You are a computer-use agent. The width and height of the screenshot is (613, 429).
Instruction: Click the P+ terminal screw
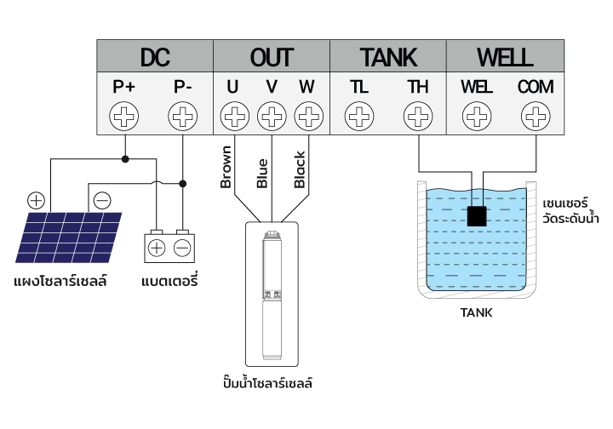[x=124, y=116]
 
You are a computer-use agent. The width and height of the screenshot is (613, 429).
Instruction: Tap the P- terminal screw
[x=182, y=116]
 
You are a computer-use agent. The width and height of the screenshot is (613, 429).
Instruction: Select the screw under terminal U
[x=235, y=116]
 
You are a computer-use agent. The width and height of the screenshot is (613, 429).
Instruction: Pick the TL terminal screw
[x=359, y=116]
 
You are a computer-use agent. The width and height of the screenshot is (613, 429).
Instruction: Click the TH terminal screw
[x=418, y=116]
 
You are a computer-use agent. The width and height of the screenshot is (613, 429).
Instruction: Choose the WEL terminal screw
[x=477, y=116]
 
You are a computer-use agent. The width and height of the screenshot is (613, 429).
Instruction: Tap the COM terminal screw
[x=536, y=116]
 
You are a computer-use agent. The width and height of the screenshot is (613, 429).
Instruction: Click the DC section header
[x=155, y=57]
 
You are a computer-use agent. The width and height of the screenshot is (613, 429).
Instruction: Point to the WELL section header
[x=505, y=57]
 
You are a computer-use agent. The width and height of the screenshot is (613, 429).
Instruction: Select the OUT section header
[x=272, y=57]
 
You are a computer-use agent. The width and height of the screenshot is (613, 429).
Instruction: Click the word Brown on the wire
[x=226, y=167]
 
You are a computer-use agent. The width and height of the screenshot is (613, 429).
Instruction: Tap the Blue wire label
[x=262, y=174]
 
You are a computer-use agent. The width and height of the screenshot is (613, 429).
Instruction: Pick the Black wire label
[x=300, y=169]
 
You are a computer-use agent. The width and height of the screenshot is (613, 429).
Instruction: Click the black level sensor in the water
[x=477, y=216]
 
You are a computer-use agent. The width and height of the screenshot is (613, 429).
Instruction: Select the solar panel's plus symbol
[x=36, y=200]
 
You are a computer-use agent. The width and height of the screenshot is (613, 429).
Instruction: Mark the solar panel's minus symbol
[x=102, y=200]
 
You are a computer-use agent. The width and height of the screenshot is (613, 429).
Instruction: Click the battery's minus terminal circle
[x=182, y=248]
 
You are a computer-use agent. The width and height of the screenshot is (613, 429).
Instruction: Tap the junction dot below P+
[x=125, y=159]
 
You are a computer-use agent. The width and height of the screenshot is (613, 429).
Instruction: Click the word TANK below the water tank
[x=476, y=313]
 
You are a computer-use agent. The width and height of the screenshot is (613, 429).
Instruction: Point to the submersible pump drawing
[x=272, y=295]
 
